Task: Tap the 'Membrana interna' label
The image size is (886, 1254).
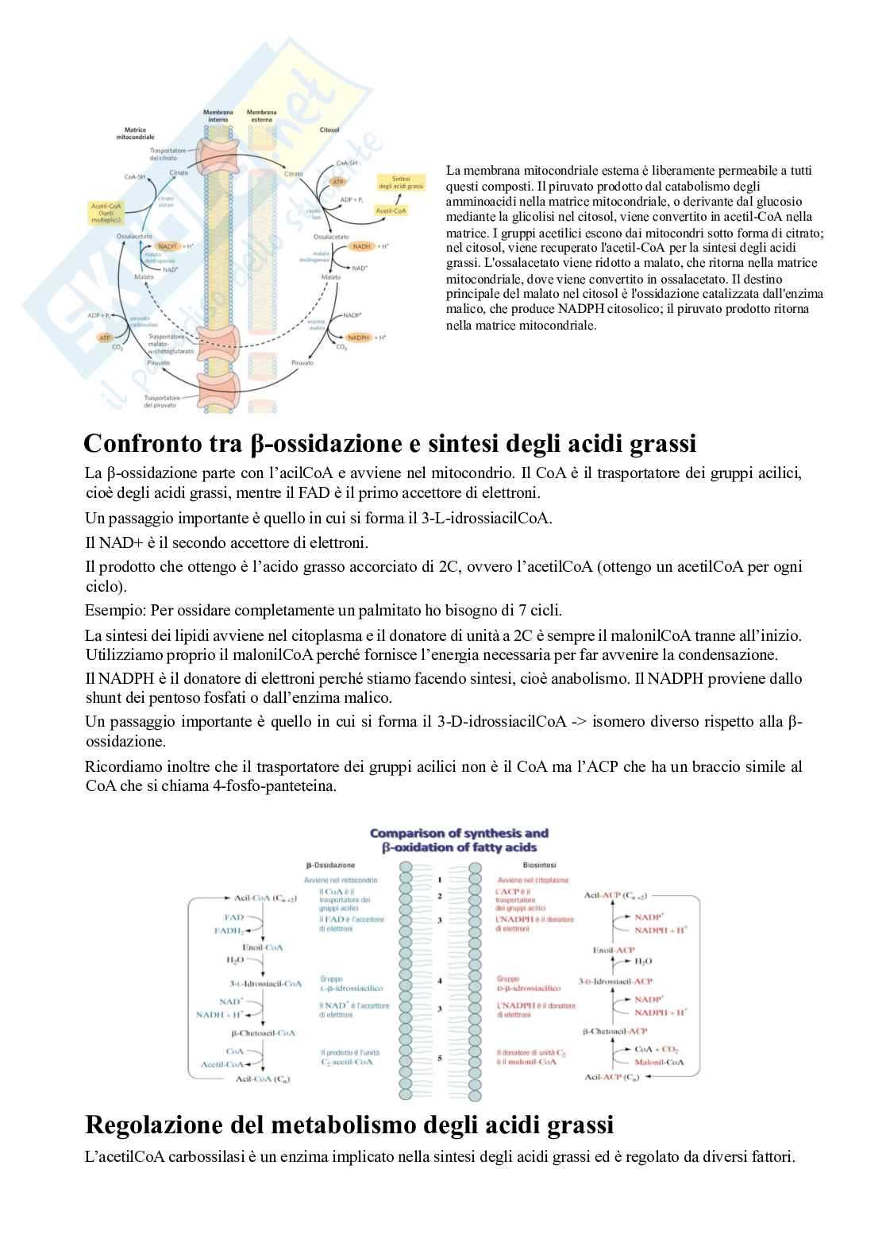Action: (x=218, y=116)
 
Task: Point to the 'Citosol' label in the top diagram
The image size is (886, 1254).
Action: (x=329, y=129)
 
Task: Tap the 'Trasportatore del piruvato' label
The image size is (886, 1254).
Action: (x=162, y=401)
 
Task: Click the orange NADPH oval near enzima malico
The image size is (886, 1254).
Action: (x=359, y=338)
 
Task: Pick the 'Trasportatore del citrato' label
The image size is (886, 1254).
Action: (x=168, y=153)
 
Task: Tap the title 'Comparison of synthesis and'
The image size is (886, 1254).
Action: (x=459, y=833)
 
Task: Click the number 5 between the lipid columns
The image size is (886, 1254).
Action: (x=440, y=1058)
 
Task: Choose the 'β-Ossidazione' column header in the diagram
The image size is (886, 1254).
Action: (x=330, y=865)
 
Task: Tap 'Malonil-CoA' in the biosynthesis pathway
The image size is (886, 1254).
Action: (x=659, y=1062)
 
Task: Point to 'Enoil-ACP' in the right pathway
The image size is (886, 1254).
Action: (x=614, y=950)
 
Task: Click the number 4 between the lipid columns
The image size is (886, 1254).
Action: (x=440, y=981)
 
